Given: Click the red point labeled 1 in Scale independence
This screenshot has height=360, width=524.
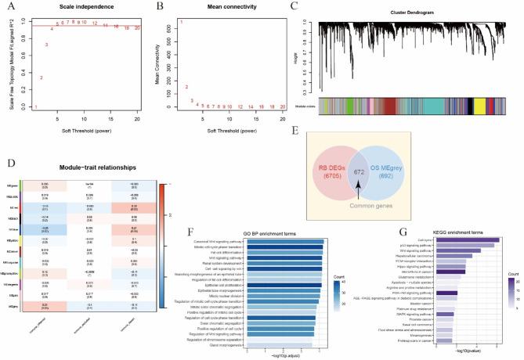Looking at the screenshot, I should click(x=34, y=106).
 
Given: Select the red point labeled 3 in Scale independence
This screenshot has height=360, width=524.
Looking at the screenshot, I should click(x=47, y=45).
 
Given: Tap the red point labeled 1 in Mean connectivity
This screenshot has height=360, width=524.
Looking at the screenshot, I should click(x=181, y=22).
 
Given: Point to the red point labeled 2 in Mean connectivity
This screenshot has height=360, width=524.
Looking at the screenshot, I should click(x=186, y=87).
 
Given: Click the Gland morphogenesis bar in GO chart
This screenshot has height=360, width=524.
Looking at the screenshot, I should click(x=280, y=344).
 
